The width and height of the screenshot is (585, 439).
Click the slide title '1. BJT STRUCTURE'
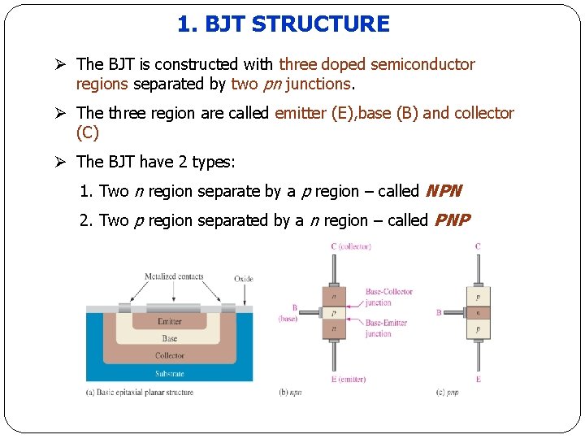(x=284, y=24)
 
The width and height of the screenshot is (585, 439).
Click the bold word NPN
(x=444, y=192)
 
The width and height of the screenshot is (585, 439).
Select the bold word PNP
(x=453, y=220)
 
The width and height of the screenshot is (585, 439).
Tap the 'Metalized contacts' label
(x=174, y=276)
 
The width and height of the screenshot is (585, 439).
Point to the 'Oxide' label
(x=243, y=279)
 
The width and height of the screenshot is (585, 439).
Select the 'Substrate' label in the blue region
(x=170, y=374)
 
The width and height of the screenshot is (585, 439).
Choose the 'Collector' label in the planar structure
(x=170, y=355)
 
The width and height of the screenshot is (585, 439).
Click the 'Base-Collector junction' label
(x=388, y=297)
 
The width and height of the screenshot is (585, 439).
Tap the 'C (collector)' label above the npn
(x=351, y=246)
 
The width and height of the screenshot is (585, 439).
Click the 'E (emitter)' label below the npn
(x=348, y=380)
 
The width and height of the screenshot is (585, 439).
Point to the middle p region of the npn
(x=334, y=312)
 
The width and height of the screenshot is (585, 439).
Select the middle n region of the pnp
(x=478, y=312)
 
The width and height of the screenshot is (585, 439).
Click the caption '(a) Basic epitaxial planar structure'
(x=140, y=393)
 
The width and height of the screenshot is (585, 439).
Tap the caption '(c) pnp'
(x=447, y=393)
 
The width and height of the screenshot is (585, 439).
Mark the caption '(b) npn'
(x=290, y=393)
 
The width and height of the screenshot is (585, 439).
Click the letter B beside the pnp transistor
(x=439, y=312)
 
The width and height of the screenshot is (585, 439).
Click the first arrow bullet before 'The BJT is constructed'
(x=64, y=64)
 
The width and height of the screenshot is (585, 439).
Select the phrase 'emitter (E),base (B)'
(x=347, y=113)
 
